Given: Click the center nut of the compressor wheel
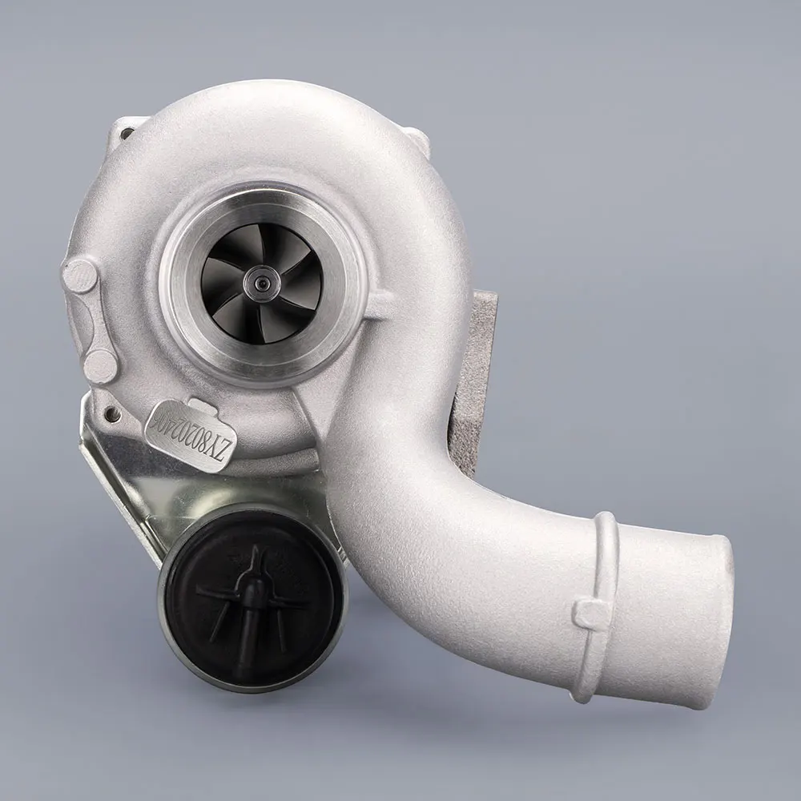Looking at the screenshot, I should pyautogui.click(x=262, y=281).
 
